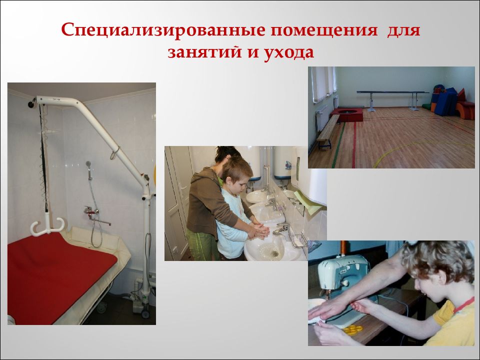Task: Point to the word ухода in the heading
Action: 286,52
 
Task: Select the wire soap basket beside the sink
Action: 299,239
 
